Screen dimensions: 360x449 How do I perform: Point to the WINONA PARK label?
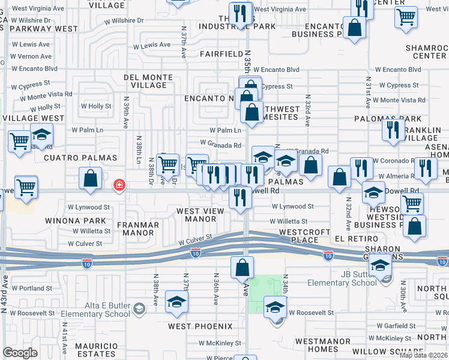[x=67, y=221]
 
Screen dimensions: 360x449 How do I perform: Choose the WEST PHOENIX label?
[x=200, y=326]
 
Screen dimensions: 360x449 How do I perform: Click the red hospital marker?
[x=120, y=184]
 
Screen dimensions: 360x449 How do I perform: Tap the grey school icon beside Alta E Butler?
[x=139, y=309]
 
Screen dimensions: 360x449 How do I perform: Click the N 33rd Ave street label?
[x=307, y=110]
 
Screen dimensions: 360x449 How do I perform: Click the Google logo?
[x=20, y=352]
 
